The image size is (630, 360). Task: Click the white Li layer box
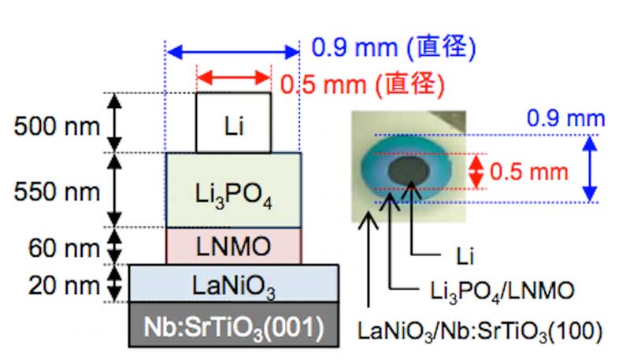coord(233,123)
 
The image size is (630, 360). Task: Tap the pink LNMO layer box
coord(233,247)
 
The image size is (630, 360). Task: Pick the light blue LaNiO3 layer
coord(234,283)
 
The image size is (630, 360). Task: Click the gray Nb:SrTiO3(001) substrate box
coord(234,325)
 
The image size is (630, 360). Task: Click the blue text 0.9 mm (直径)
coord(394,49)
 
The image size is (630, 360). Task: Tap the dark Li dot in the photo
coord(410,169)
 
